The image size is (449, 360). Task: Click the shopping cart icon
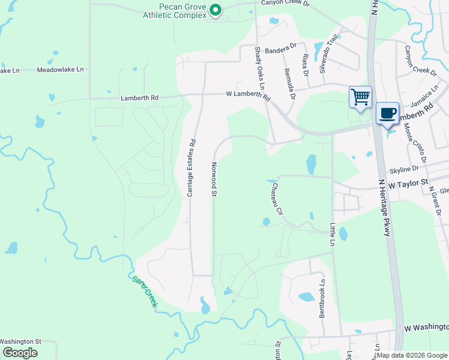[x=360, y=97]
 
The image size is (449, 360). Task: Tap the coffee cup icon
[x=387, y=113]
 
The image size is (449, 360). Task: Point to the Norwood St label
[x=214, y=178]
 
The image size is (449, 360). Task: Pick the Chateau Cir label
[x=276, y=199]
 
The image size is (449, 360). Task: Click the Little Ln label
[x=332, y=235]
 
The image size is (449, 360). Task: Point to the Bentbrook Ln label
[x=322, y=298]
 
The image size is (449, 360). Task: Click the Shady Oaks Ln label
[x=259, y=67]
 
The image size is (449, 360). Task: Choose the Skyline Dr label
[x=404, y=170]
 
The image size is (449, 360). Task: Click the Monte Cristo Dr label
[x=415, y=143]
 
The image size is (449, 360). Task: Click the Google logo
[x=20, y=352]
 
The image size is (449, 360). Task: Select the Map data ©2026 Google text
[x=412, y=355]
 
